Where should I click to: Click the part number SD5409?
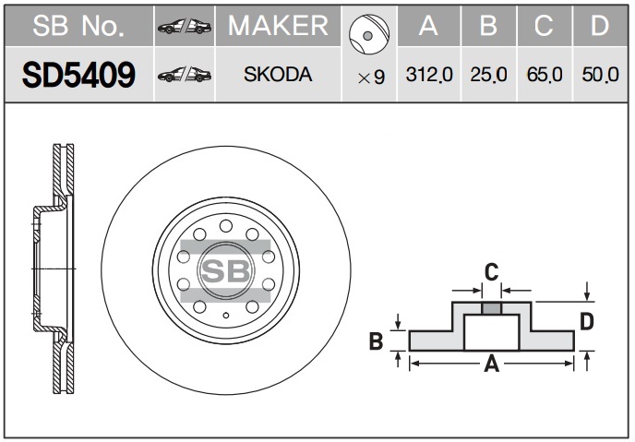pos(78,75)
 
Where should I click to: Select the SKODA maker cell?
pos(278,75)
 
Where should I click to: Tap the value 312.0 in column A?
pos(429,75)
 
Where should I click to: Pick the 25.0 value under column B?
pos(488,75)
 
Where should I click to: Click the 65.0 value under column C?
pos(545,75)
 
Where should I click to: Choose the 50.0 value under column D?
pos(600,75)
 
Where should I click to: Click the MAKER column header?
pos(278,26)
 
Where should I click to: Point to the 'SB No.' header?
pos(78,26)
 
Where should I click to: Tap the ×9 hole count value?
pos(371,78)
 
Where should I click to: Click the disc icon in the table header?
pos(369,35)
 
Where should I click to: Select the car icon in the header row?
pos(185,27)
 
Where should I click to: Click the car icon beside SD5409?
pos(185,75)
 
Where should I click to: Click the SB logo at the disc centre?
pos(226,270)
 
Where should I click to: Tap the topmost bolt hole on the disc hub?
pos(226,226)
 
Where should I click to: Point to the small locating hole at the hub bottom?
pos(226,316)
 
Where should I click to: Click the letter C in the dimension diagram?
pos(491,272)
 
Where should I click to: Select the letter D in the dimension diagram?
pos(586,322)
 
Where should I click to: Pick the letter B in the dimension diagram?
pos(376,340)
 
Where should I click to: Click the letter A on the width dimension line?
pos(492,364)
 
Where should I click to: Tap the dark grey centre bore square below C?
pos(492,308)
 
